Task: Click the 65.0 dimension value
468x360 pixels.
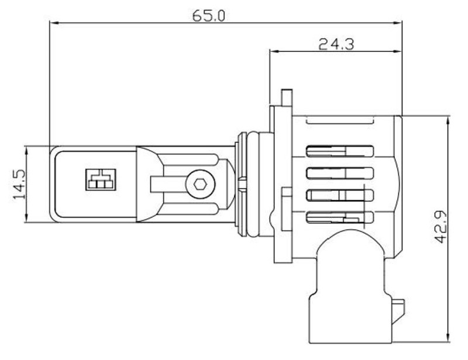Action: coord(208,16)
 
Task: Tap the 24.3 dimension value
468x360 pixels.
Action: coord(336,44)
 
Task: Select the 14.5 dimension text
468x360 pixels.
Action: coord(19,184)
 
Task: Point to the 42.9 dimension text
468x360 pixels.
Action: coord(440,227)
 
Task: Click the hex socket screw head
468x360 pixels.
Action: coord(199,184)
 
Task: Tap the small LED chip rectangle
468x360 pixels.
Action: coord(101,179)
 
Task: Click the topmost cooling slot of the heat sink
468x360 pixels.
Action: coord(340,151)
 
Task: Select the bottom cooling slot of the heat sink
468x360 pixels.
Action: coord(340,217)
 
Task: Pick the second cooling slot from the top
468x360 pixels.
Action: coord(340,173)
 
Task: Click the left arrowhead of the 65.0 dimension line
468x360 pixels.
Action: coord(54,23)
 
